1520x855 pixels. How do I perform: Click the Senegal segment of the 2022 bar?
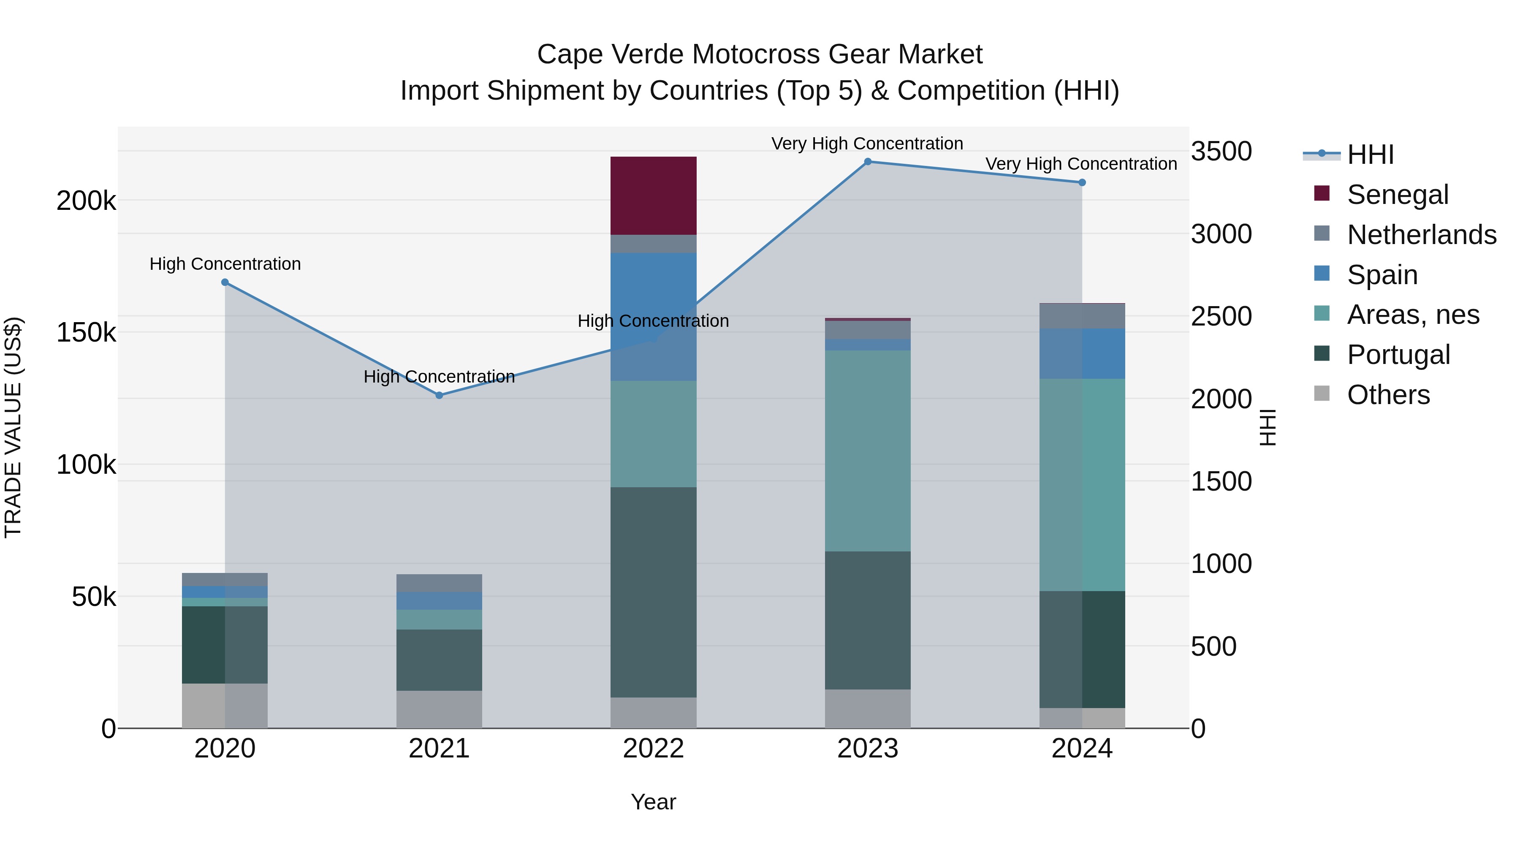pyautogui.click(x=653, y=195)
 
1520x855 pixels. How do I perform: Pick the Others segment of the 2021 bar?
pyautogui.click(x=439, y=709)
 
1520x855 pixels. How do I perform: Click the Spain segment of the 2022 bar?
pyautogui.click(x=653, y=316)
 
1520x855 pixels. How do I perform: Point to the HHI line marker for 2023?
pyautogui.click(x=867, y=162)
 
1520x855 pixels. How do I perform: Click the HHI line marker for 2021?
pyautogui.click(x=439, y=395)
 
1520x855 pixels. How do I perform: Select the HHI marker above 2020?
pyautogui.click(x=225, y=282)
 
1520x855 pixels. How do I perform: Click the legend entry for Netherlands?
pyautogui.click(x=1421, y=235)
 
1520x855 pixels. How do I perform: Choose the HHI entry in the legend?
pyautogui.click(x=1370, y=155)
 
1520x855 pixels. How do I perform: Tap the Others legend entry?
pyautogui.click(x=1388, y=395)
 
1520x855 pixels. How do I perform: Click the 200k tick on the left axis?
pyautogui.click(x=86, y=201)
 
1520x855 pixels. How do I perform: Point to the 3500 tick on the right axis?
pyautogui.click(x=1221, y=152)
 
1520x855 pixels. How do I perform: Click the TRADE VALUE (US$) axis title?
pyautogui.click(x=14, y=427)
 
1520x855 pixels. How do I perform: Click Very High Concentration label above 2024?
pyautogui.click(x=1081, y=164)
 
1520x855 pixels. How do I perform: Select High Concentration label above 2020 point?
pyautogui.click(x=225, y=264)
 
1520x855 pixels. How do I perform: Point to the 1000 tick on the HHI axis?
pyautogui.click(x=1221, y=564)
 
